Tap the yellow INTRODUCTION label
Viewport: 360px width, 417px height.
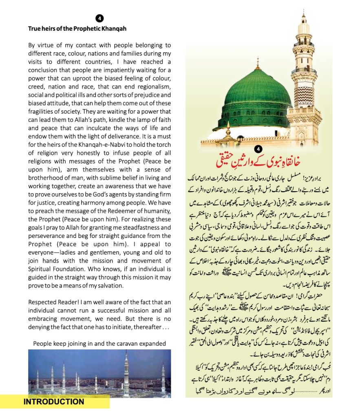54,402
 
